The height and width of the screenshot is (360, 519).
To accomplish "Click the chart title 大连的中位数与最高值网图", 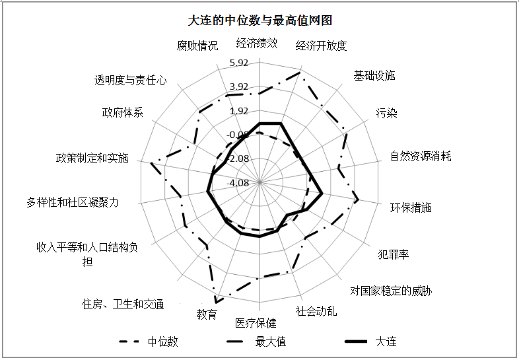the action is coord(260,20).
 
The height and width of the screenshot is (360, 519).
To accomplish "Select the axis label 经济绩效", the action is coord(257,43).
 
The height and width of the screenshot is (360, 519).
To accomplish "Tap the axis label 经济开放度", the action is coord(321,46).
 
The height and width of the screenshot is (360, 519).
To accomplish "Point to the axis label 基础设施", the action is coord(374,75).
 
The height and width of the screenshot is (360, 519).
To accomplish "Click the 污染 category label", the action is coord(386,113).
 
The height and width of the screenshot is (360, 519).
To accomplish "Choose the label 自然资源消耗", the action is coord(421,156).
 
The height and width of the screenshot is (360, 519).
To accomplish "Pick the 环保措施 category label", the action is coord(411,207).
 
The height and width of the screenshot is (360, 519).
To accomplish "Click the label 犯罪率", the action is coord(394,254).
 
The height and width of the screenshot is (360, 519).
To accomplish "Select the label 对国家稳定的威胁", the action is coord(391,291).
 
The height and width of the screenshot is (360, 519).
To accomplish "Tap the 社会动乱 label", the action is coord(316,311).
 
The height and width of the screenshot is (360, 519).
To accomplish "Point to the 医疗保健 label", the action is coord(256,323).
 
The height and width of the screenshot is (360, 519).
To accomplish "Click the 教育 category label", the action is coord(207,314).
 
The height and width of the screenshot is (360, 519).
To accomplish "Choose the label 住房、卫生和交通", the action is coord(123,304).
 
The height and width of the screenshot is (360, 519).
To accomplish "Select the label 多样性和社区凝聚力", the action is coord(72,202).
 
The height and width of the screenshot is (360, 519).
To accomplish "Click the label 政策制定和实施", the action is coord(92,158).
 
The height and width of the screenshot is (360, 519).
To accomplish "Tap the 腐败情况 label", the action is coord(197,46).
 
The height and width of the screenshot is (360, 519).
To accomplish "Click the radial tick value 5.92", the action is coord(239,63).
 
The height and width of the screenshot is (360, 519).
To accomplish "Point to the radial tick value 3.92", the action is coord(239,87).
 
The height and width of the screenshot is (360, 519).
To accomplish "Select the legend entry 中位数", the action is coord(149,342).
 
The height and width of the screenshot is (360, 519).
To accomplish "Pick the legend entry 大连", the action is coord(370,342).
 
